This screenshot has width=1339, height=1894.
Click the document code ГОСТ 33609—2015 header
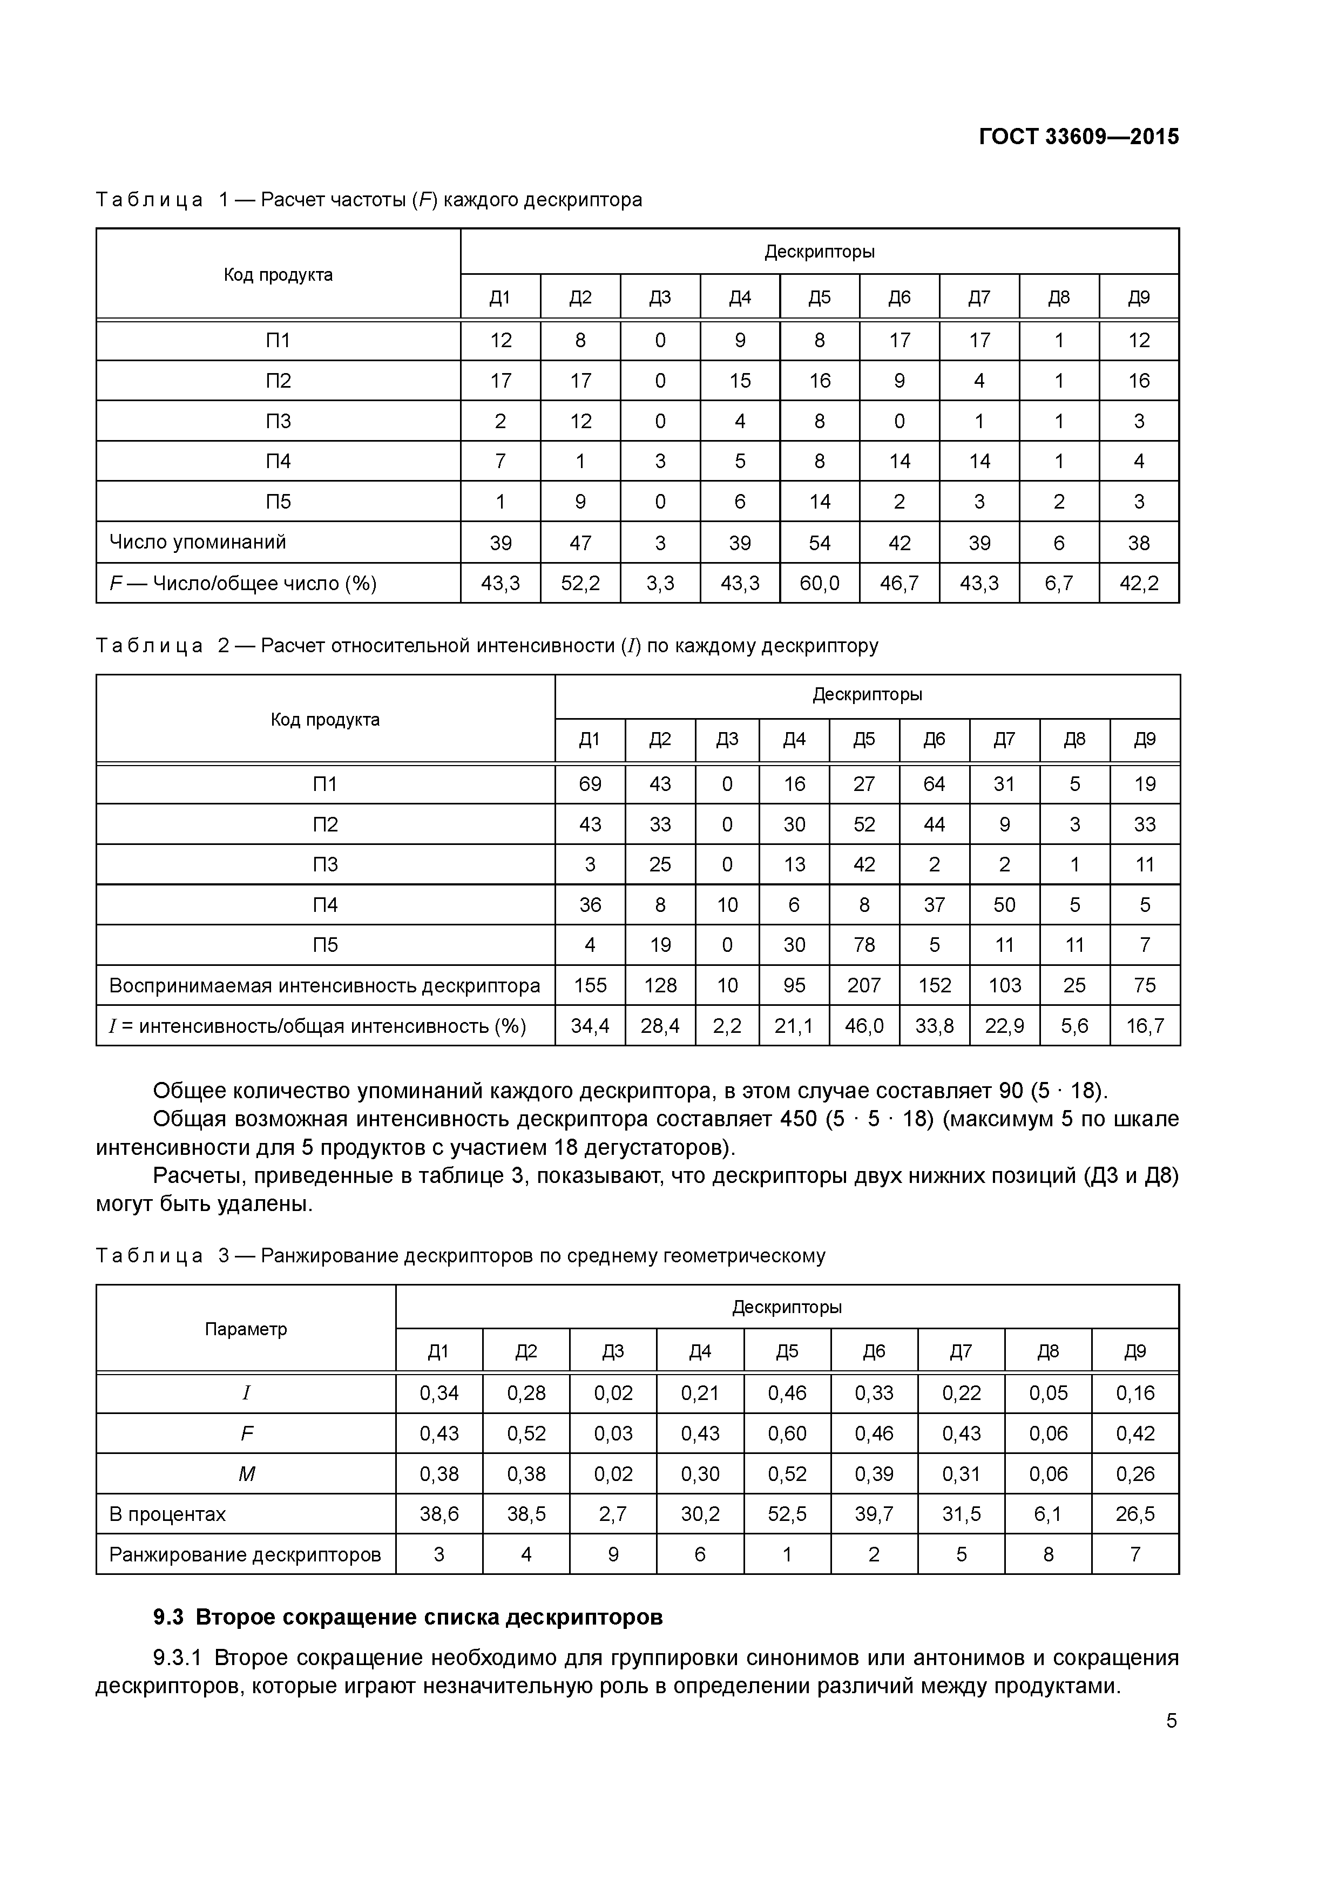click(x=1078, y=137)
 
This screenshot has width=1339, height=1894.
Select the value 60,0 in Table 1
click(x=819, y=583)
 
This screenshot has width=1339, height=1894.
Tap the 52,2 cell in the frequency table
click(x=580, y=583)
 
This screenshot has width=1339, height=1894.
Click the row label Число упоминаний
click(x=198, y=542)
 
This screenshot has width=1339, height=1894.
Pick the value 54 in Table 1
click(x=819, y=543)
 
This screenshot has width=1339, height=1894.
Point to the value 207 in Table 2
click(x=864, y=985)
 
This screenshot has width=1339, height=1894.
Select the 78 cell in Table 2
click(x=864, y=944)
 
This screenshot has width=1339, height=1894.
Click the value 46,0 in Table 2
click(x=864, y=1025)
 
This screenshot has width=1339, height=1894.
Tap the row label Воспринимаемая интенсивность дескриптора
click(x=324, y=985)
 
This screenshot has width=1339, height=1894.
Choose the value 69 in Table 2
click(x=590, y=783)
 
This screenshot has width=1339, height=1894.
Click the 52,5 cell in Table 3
click(x=787, y=1514)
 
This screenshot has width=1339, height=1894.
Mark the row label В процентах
click(x=167, y=1514)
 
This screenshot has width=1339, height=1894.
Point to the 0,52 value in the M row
click(x=787, y=1473)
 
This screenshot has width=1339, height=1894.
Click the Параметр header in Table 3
click(x=246, y=1329)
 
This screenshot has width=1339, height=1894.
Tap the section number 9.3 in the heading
click(x=168, y=1617)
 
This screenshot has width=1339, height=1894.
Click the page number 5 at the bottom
click(x=1172, y=1720)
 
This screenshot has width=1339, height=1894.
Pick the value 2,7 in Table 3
click(x=613, y=1514)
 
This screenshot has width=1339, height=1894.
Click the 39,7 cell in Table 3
click(x=874, y=1514)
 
